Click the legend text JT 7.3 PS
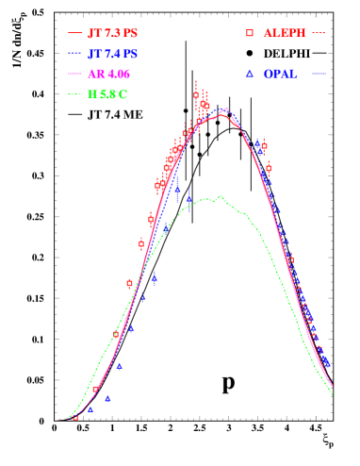coord(112,33)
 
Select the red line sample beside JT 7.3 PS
coord(75,33)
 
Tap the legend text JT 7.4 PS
coord(112,54)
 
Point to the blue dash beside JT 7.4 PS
coord(75,54)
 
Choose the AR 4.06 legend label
coord(109,75)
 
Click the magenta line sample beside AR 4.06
coord(75,75)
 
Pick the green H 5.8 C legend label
coord(107,94)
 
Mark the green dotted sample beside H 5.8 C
coord(75,94)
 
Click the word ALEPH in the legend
coord(285,33)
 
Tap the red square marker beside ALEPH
coord(250,33)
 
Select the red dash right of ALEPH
coord(319,33)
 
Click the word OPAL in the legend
coord(281,74)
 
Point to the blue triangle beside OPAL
coord(250,73)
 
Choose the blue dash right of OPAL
coord(319,74)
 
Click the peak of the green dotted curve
coord(221,195)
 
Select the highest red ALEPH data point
coord(196,95)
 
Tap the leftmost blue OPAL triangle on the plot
coord(90,409)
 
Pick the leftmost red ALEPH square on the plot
coord(76,416)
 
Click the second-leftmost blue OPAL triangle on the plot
coord(107,398)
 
